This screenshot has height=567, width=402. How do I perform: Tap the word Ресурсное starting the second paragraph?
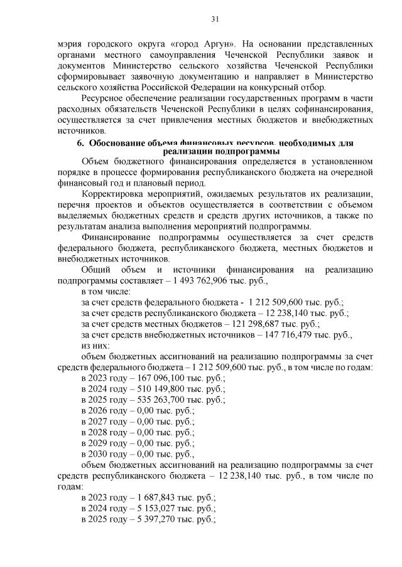click(104, 98)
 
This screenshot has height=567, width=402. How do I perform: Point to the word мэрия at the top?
click(70, 45)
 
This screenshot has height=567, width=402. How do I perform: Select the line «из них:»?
click(95, 346)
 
